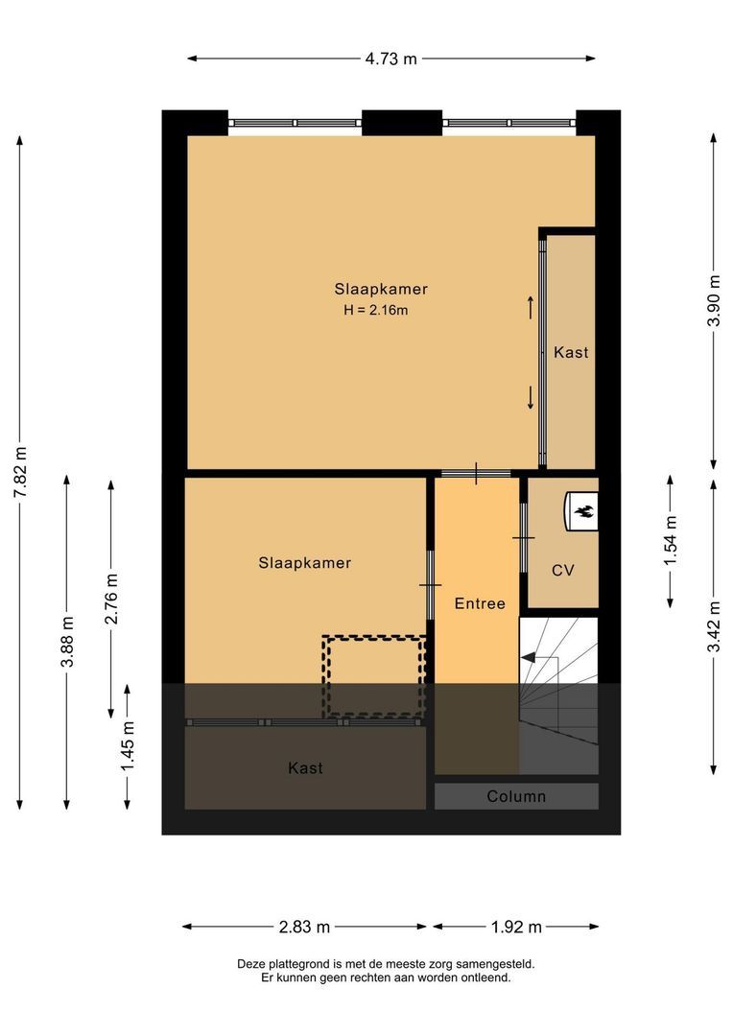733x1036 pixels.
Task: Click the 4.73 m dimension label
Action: coord(390,59)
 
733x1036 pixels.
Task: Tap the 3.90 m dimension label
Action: coord(713,301)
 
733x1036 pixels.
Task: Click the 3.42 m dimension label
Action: coord(713,625)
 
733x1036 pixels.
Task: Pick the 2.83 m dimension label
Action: coord(304,927)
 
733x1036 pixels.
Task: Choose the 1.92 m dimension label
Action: coord(515,927)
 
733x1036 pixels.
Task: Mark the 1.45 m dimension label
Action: coord(128,745)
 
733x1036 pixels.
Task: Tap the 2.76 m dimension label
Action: coord(111,599)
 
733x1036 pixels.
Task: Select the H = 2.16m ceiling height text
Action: coord(382,310)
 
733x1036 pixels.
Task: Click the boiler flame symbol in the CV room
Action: coord(583,511)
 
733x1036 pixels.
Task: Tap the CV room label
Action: coord(562,570)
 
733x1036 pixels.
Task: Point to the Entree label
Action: coord(480,603)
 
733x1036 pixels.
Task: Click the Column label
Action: coord(516,796)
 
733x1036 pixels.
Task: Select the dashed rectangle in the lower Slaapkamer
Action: coord(374,676)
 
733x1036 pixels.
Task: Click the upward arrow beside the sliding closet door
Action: coord(530,307)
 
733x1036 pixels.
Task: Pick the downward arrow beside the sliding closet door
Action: coord(530,397)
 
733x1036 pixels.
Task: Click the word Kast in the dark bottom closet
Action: coord(305,768)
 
